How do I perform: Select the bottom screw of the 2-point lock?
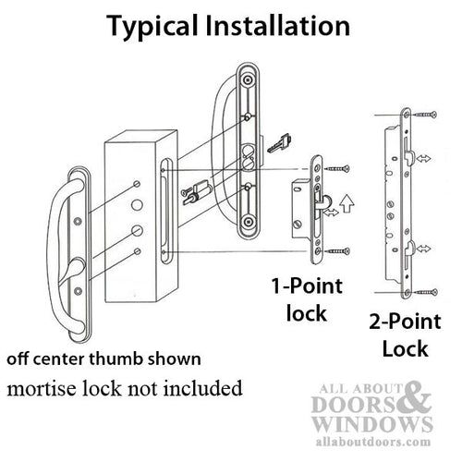424,293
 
